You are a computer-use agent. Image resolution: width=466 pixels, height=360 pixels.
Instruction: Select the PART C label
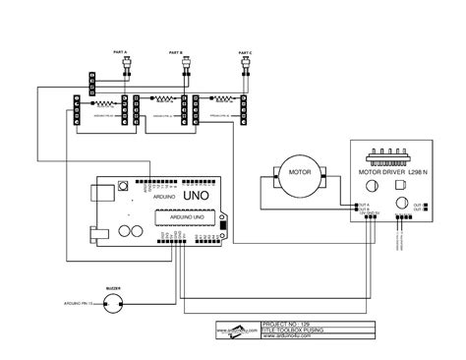pos(245,49)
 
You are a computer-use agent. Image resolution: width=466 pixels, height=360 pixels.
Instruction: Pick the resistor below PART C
pos(222,99)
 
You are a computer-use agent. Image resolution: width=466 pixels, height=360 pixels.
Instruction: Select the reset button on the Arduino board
pos(122,186)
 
